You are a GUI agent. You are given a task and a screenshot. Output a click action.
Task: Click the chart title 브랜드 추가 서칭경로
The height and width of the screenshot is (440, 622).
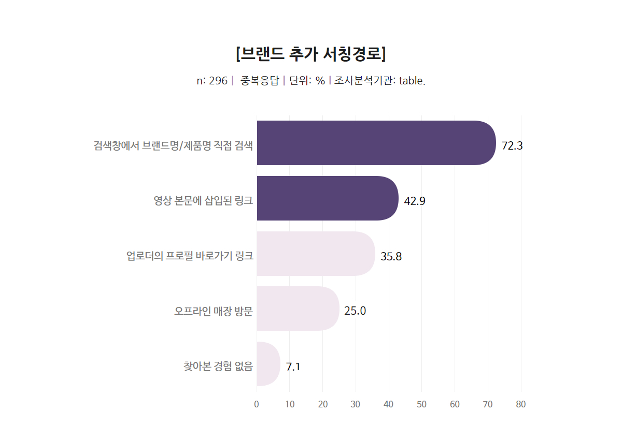[310, 53]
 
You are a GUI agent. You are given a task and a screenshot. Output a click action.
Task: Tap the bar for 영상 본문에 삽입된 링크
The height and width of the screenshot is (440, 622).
[327, 198]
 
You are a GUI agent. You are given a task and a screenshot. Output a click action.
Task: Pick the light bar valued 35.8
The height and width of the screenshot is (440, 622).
[315, 254]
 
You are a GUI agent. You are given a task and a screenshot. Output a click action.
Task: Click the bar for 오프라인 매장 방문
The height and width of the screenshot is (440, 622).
[298, 309]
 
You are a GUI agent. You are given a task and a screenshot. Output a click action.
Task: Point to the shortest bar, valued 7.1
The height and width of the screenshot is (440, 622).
[268, 364]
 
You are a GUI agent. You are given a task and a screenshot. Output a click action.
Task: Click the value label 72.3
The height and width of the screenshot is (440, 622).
[512, 146]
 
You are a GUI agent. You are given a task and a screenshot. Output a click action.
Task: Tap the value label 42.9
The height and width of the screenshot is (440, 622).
[415, 201]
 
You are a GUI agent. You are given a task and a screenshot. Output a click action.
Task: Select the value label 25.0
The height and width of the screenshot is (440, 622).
[355, 311]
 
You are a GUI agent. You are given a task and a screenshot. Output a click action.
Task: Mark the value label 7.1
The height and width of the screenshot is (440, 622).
[293, 367]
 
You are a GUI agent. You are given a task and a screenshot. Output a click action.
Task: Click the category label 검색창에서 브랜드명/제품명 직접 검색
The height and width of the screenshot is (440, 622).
[173, 145]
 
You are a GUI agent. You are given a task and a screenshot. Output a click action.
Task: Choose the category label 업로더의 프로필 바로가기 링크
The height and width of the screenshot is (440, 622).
[190, 256]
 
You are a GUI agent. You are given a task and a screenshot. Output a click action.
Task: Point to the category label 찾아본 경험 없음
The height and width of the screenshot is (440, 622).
[218, 366]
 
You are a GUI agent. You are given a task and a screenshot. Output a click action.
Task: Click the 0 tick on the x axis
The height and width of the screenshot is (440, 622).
[257, 404]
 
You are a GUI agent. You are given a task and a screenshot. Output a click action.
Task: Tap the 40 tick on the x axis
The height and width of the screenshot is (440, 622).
[389, 404]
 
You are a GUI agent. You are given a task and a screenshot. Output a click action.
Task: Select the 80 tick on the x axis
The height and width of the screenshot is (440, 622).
[521, 404]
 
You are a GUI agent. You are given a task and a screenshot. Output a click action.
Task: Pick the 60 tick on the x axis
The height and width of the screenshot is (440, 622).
[455, 404]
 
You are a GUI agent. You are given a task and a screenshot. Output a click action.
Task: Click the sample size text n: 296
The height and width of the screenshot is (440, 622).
[212, 81]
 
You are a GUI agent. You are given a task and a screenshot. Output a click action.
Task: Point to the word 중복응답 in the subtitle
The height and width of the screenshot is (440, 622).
[260, 81]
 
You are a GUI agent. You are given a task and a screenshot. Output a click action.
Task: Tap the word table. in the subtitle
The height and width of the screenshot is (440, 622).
[412, 81]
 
